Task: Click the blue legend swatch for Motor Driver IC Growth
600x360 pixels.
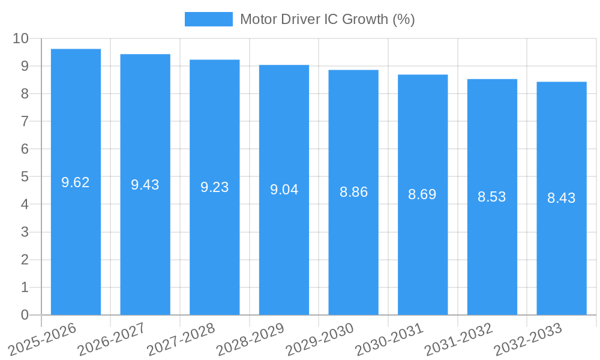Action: click(208, 19)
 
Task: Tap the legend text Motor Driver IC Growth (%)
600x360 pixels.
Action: click(327, 19)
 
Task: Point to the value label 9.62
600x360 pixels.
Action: click(76, 182)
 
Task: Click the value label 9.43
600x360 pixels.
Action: click(145, 185)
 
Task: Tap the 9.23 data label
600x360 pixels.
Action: click(214, 187)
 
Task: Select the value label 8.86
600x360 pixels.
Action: click(353, 192)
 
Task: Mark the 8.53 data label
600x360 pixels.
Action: click(492, 197)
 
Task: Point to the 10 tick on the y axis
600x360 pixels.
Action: click(20, 38)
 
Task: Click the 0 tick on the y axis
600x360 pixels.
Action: click(25, 315)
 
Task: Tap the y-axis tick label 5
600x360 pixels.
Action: click(25, 177)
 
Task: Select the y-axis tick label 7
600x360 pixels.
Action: click(25, 121)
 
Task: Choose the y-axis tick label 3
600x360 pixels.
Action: click(25, 232)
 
